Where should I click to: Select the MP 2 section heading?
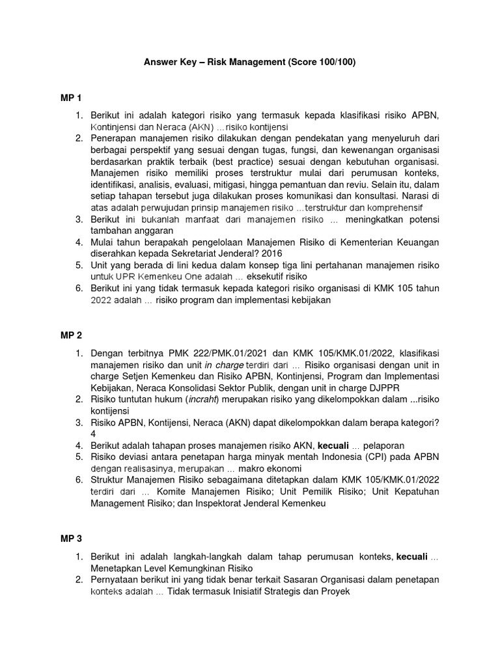[71, 335]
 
